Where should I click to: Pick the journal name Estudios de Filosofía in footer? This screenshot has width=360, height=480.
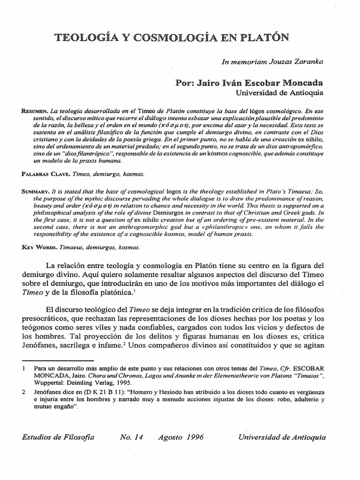(x=58, y=437)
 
